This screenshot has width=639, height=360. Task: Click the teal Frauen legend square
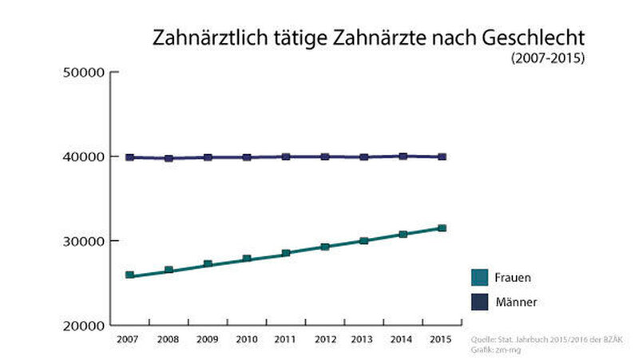point(479,277)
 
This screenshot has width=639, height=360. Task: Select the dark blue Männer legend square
point(479,302)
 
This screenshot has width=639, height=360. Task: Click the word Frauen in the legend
point(513,278)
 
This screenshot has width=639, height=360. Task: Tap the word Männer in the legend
point(515,303)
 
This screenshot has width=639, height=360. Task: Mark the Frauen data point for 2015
point(442,228)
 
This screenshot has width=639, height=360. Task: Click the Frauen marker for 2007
point(129,275)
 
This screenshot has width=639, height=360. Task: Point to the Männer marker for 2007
point(129,157)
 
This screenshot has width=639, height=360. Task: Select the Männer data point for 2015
point(442,156)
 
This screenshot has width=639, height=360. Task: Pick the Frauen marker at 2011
point(286,253)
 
